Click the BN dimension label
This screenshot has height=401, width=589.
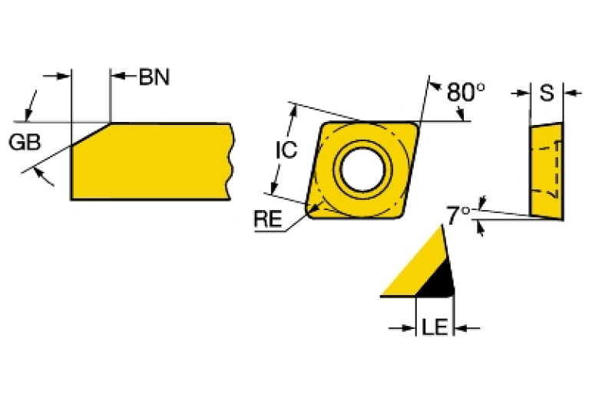(x=154, y=77)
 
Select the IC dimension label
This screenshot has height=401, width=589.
(x=286, y=150)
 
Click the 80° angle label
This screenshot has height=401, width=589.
(x=465, y=92)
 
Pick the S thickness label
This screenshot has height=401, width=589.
(x=547, y=94)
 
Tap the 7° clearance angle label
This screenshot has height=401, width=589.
(x=459, y=215)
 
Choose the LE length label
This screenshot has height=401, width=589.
(x=434, y=329)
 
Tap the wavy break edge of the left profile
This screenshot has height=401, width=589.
(x=230, y=161)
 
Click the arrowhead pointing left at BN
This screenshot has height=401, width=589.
(x=117, y=76)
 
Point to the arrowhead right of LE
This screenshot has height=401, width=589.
(x=461, y=329)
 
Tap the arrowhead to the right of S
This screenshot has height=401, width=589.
(x=570, y=94)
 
